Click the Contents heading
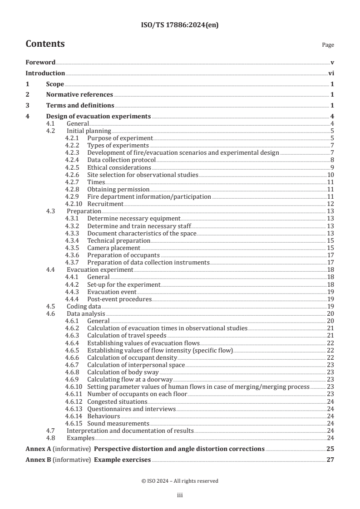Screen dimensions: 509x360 (45, 44)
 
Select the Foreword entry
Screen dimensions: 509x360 (40, 62)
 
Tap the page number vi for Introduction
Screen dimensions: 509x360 (331, 73)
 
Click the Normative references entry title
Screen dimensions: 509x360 (79, 95)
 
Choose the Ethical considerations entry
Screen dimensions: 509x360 (119, 167)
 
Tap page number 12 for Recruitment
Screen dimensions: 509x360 (330, 204)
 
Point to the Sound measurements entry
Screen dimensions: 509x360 (117, 423)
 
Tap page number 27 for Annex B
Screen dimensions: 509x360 (330, 460)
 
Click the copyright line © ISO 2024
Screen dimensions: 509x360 (180, 481)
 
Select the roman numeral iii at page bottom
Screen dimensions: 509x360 (180, 496)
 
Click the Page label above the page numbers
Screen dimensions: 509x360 (328, 45)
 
